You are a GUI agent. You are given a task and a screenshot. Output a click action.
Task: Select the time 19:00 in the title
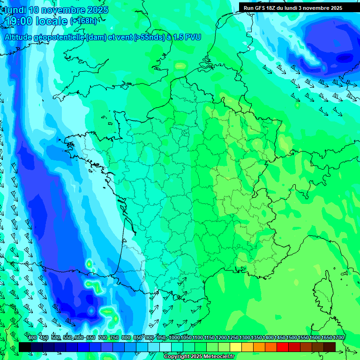click(x=19, y=21)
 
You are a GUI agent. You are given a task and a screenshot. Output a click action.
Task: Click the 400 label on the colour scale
click(x=32, y=338)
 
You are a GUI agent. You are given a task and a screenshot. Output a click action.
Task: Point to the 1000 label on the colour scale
click(x=174, y=338)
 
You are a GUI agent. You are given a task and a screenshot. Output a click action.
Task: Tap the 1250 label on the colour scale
click(x=233, y=338)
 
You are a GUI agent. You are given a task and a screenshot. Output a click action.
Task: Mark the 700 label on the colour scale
click(x=103, y=338)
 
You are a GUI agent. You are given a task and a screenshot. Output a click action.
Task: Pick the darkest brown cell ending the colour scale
click(x=330, y=346)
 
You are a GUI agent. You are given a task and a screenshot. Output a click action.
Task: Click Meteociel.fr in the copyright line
click(x=217, y=357)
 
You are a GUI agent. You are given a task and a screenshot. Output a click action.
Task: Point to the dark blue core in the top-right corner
click(x=345, y=58)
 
